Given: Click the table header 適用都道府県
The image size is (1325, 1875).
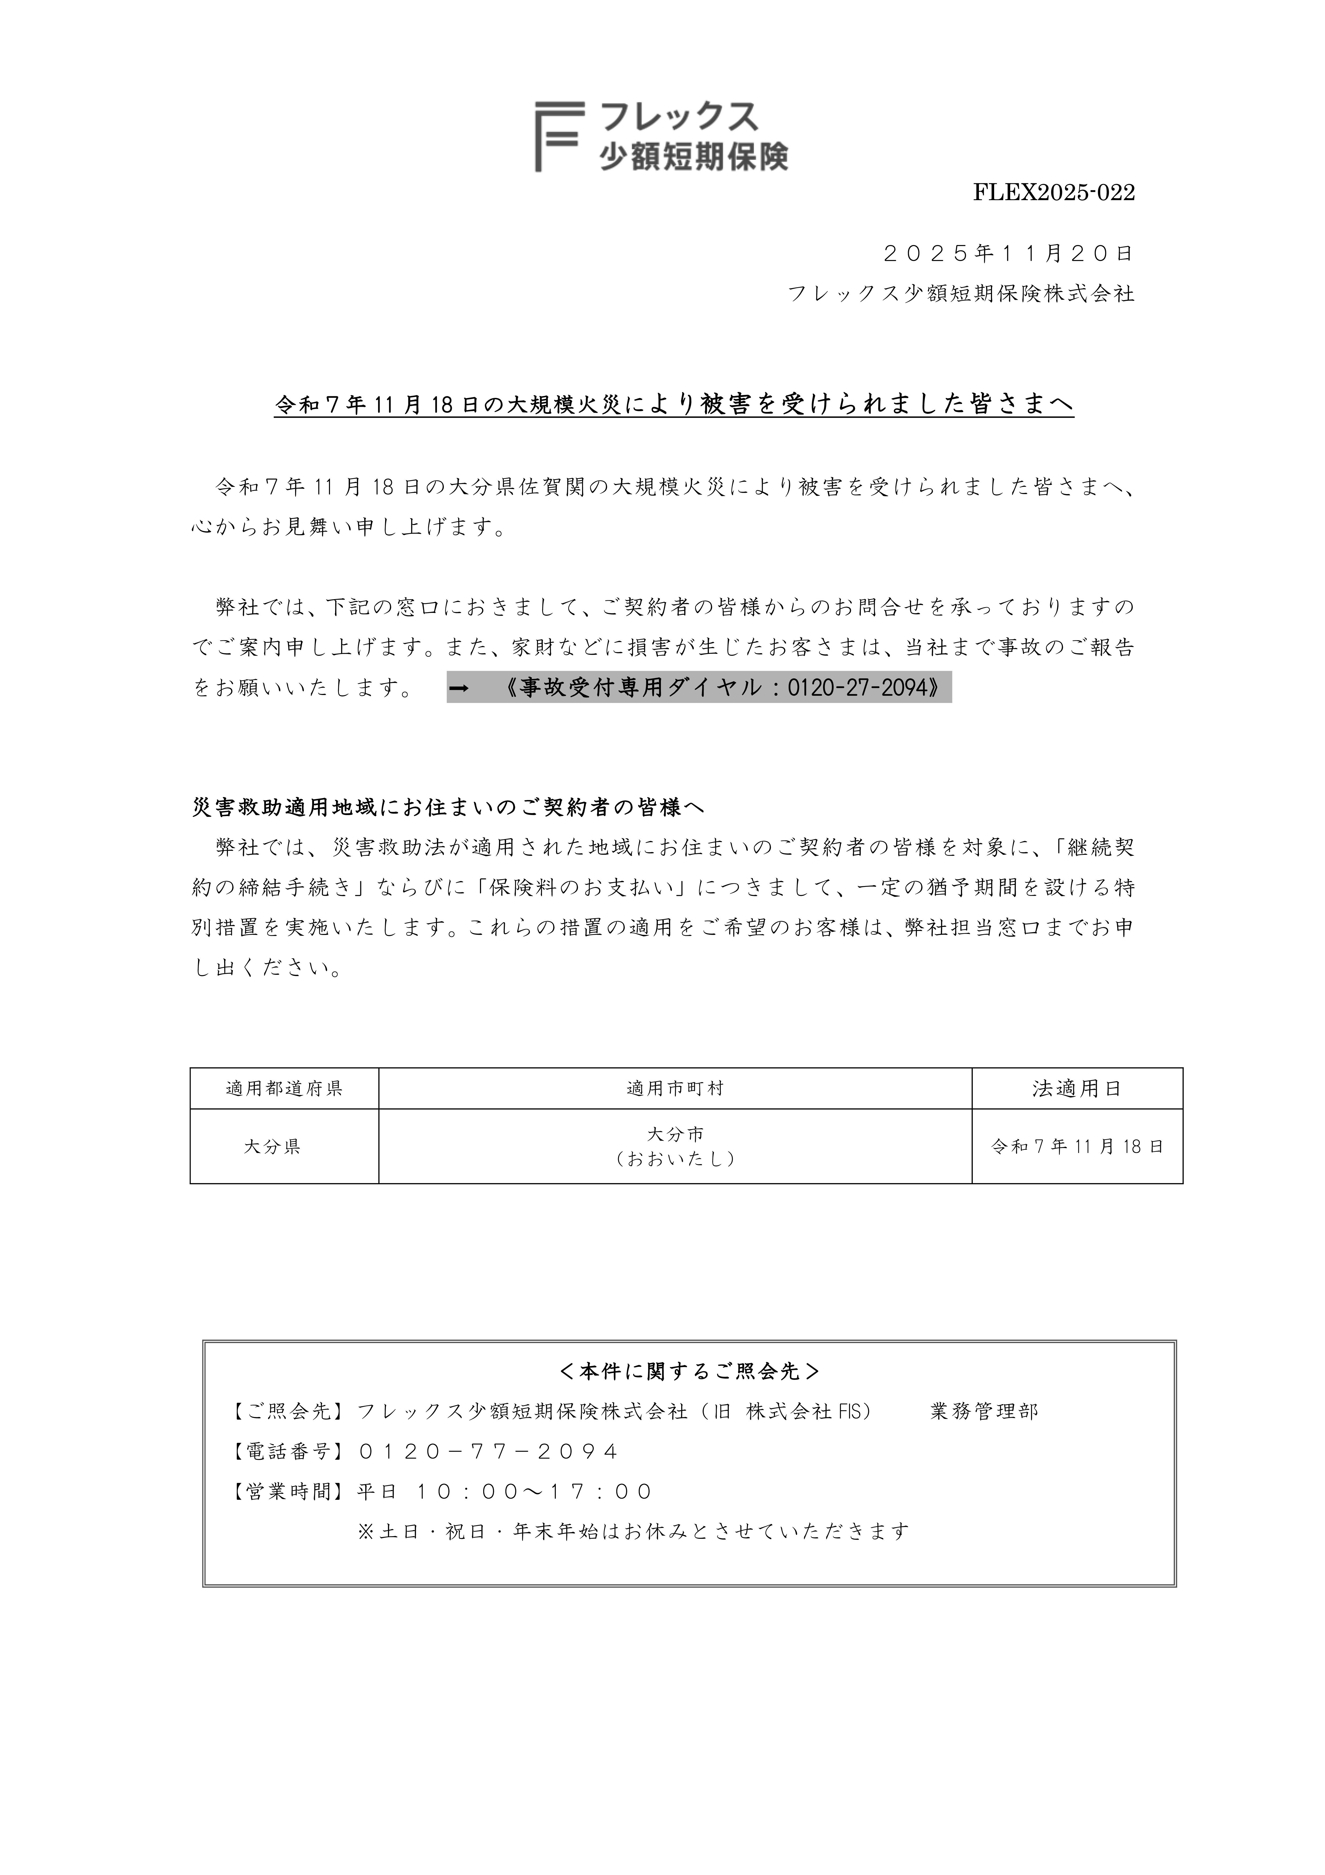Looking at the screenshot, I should pyautogui.click(x=284, y=1089).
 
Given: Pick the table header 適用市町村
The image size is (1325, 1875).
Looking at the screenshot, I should pyautogui.click(x=675, y=1089).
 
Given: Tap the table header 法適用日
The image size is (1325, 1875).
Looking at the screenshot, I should pyautogui.click(x=1077, y=1089).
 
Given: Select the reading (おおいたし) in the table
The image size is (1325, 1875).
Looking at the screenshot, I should pyautogui.click(x=675, y=1159).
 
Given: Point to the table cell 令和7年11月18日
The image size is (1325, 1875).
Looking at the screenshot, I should pyautogui.click(x=1077, y=1147).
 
